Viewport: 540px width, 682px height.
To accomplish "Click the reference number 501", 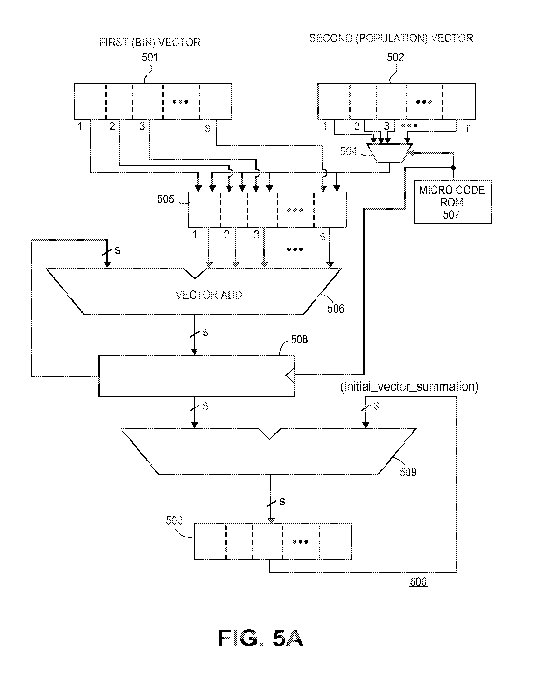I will [149, 57].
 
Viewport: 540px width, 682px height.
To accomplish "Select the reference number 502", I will [395, 57].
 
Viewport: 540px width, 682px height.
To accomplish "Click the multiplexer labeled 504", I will [390, 153].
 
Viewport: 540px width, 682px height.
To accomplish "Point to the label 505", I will [166, 199].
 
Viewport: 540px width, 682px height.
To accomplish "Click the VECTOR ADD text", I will [209, 295].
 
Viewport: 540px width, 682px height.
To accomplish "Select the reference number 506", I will [336, 309].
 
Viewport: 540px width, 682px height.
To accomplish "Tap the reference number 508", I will [299, 339].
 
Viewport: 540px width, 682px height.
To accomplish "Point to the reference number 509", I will [408, 472].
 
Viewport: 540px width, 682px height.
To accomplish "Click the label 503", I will [174, 520].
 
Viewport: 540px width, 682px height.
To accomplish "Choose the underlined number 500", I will [418, 582].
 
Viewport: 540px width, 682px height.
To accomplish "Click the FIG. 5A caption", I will [260, 638].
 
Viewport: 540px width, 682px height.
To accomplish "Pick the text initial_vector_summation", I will [409, 387].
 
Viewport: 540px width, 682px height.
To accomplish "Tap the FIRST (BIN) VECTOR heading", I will [150, 43].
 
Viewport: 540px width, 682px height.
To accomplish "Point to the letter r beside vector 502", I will [468, 128].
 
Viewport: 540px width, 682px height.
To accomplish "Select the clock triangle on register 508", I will [290, 376].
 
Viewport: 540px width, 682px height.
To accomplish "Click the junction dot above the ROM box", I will [453, 168].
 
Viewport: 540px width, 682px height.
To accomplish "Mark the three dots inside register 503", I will [300, 542].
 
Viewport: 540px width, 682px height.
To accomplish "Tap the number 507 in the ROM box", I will [451, 215].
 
